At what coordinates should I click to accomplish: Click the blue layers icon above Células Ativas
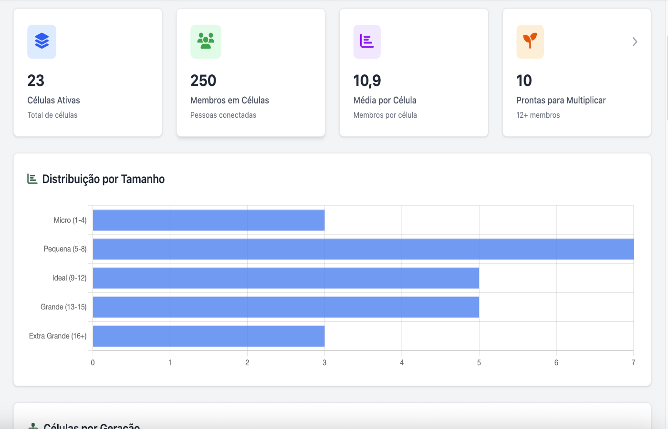42,41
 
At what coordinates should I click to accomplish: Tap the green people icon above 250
206,41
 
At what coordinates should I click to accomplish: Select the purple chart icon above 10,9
367,41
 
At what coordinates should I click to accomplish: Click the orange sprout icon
530,41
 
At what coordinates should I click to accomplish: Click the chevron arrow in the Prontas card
635,42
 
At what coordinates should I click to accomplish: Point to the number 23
36,81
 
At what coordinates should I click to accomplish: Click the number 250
203,81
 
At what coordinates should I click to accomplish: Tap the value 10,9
367,81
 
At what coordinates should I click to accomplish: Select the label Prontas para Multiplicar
561,100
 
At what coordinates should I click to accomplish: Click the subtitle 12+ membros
538,115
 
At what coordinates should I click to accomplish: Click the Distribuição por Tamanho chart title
103,179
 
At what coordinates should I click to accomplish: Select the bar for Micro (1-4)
209,220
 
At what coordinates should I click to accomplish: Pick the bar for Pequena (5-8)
363,249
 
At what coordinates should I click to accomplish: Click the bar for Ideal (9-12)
285,278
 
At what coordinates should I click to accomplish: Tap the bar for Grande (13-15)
285,307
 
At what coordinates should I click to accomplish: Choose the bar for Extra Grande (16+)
209,336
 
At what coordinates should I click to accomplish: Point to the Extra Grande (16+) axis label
58,336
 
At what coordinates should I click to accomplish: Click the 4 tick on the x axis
402,363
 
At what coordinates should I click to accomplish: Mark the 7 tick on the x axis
633,363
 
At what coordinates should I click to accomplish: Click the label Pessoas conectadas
223,115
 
